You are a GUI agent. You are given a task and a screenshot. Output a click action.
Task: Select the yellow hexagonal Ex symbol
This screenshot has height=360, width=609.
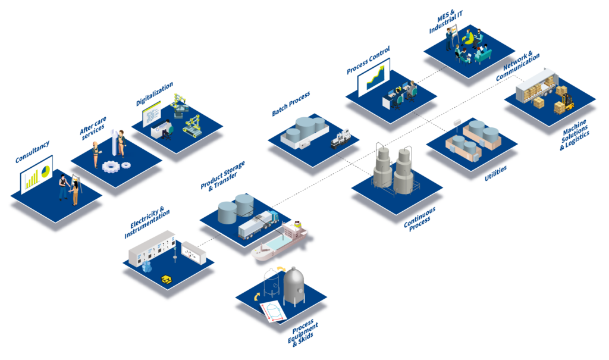(x=167, y=278)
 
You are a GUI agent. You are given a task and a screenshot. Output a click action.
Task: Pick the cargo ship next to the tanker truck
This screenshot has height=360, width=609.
(x=280, y=240)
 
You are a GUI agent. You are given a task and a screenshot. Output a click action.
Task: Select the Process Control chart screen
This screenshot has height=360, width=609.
(x=373, y=77)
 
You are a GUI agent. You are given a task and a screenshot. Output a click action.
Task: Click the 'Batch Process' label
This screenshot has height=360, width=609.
(x=291, y=103)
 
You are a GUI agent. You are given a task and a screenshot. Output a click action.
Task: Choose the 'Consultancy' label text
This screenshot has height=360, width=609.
(x=32, y=152)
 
